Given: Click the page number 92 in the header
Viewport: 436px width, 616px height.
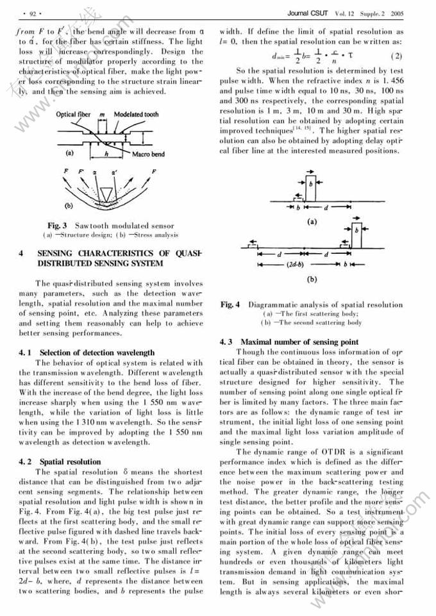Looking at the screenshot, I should click(x=28, y=13).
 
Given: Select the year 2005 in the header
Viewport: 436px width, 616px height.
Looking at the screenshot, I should click(x=397, y=12).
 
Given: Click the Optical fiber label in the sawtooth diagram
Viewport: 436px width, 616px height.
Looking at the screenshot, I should click(x=72, y=114).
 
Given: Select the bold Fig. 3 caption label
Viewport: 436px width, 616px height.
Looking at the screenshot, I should click(x=58, y=226).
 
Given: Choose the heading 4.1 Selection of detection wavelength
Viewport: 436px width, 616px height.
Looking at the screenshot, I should click(x=87, y=353).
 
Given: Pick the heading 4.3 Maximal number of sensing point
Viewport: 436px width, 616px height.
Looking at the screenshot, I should click(x=289, y=342).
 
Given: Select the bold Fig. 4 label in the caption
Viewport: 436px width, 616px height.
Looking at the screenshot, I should click(x=229, y=305).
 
